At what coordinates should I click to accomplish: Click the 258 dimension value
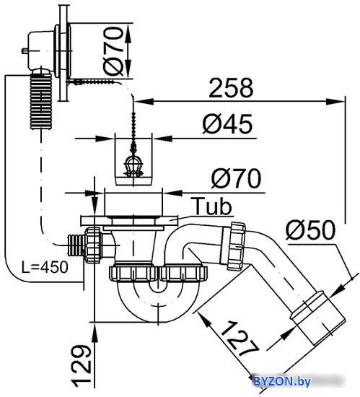click(x=231, y=88)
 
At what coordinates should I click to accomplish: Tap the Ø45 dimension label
click(x=227, y=124)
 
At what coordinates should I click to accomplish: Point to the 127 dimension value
click(x=240, y=339)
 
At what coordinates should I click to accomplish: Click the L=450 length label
click(x=45, y=267)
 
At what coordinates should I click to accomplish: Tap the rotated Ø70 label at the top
click(x=113, y=51)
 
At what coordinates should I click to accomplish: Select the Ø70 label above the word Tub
click(x=236, y=178)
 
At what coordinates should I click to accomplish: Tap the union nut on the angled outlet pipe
click(x=237, y=245)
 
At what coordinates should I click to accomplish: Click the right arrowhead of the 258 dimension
click(x=335, y=102)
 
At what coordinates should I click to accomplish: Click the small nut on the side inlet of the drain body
click(x=93, y=245)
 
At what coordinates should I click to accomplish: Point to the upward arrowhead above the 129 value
click(x=95, y=333)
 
